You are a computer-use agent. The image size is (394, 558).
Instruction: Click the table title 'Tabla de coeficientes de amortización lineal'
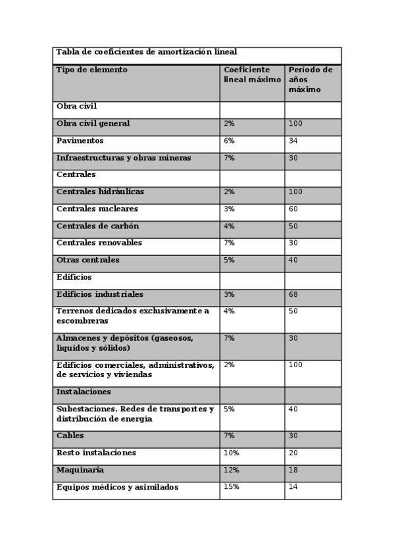point(146,52)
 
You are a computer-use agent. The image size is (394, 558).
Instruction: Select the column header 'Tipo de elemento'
point(92,70)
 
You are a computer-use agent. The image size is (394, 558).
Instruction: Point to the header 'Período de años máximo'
point(310,79)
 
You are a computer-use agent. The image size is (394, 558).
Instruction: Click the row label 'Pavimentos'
point(80,141)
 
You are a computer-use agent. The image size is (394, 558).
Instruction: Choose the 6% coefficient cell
point(229,141)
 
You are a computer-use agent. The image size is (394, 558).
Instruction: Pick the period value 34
point(293,141)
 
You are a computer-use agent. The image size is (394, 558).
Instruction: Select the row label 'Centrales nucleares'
point(97,209)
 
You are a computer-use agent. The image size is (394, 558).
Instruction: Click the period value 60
point(293,209)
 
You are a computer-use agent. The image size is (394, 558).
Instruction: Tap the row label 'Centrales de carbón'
point(97,226)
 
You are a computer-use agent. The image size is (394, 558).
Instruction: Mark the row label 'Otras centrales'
point(88,260)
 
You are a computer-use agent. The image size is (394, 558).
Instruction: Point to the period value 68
point(293,295)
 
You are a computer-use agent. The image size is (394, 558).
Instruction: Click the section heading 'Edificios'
point(74,278)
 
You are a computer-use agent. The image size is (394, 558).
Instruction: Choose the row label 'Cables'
point(70,436)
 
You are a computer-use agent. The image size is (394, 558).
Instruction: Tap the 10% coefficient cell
point(232,453)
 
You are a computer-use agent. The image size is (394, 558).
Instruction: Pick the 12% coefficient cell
point(232,470)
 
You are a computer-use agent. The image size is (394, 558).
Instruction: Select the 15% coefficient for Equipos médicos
point(232,487)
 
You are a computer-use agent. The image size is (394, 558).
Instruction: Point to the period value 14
point(293,487)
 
